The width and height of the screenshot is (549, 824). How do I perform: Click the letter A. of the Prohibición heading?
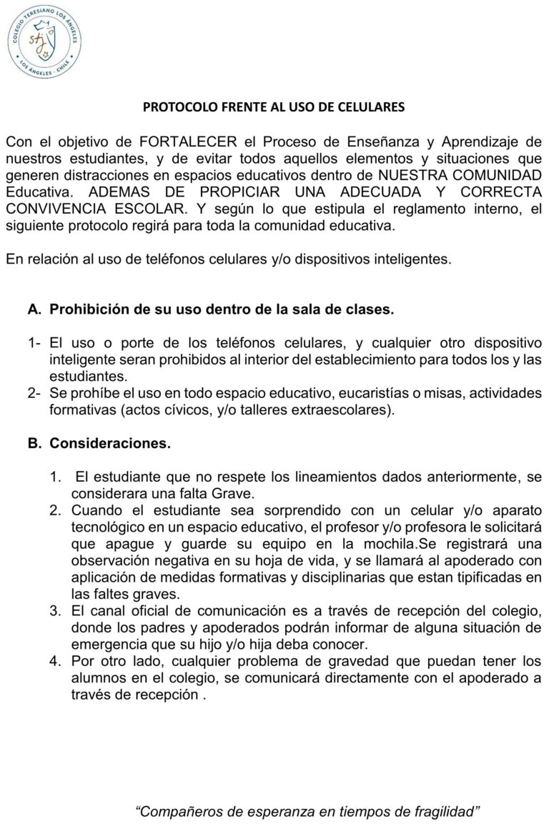pyautogui.click(x=34, y=311)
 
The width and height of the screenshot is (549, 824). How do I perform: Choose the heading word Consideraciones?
pyautogui.click(x=109, y=444)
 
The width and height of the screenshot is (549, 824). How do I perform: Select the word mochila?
pyautogui.click(x=367, y=545)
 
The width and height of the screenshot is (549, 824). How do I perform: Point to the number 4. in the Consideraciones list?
pyautogui.click(x=55, y=661)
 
